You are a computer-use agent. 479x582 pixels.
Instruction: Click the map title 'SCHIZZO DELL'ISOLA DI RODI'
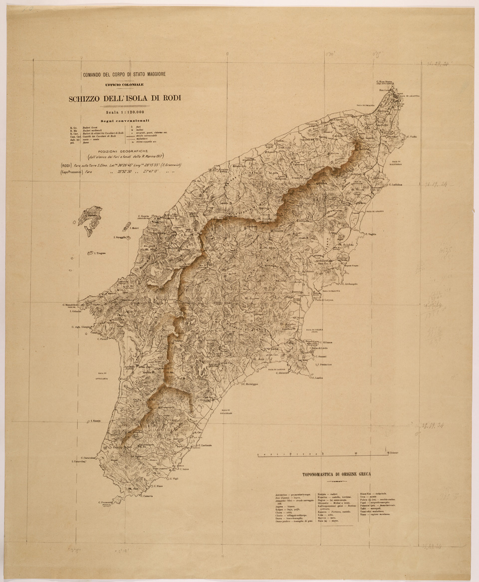[x=124, y=98]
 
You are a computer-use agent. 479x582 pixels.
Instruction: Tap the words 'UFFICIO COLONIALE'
[x=124, y=85]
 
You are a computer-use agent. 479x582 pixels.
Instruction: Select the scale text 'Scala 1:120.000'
[x=124, y=112]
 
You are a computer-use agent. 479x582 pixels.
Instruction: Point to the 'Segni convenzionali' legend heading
[x=124, y=121]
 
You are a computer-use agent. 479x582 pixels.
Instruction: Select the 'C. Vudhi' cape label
[x=412, y=137]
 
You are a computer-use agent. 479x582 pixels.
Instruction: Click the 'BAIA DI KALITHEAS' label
[x=397, y=164]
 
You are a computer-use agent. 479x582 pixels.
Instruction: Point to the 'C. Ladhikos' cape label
[x=393, y=185]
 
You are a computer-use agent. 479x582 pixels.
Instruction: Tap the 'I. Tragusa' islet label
[x=101, y=254]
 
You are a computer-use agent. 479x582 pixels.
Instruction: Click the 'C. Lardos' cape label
[x=319, y=378]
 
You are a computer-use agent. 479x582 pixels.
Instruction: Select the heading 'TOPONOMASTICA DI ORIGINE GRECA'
[x=340, y=474]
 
